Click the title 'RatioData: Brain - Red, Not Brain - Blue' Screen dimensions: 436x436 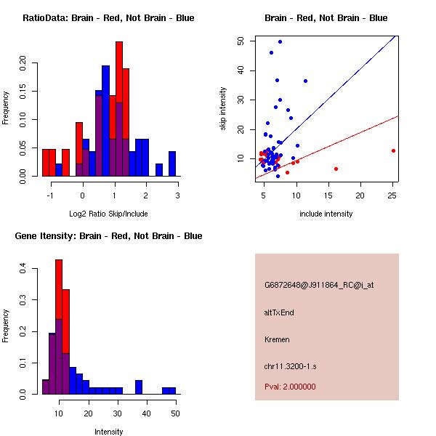point(108,18)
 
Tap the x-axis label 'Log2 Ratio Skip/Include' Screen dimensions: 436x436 point(108,214)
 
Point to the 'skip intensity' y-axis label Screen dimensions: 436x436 point(223,109)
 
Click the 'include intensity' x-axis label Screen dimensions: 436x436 point(326,214)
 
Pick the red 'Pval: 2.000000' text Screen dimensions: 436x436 point(290,387)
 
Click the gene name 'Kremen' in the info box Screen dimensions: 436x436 point(276,339)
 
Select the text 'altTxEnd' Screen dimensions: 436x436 point(278,313)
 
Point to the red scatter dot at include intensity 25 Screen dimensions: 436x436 point(393,151)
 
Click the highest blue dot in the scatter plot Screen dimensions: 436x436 point(280,41)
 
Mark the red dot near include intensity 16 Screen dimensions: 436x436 point(336,169)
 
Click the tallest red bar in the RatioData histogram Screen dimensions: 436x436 point(119,109)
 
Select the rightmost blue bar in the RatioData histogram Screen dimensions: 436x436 point(172,163)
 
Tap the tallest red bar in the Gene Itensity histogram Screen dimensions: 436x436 point(59,327)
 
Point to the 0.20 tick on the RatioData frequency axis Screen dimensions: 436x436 point(23,63)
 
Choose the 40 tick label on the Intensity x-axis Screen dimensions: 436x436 point(147,413)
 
